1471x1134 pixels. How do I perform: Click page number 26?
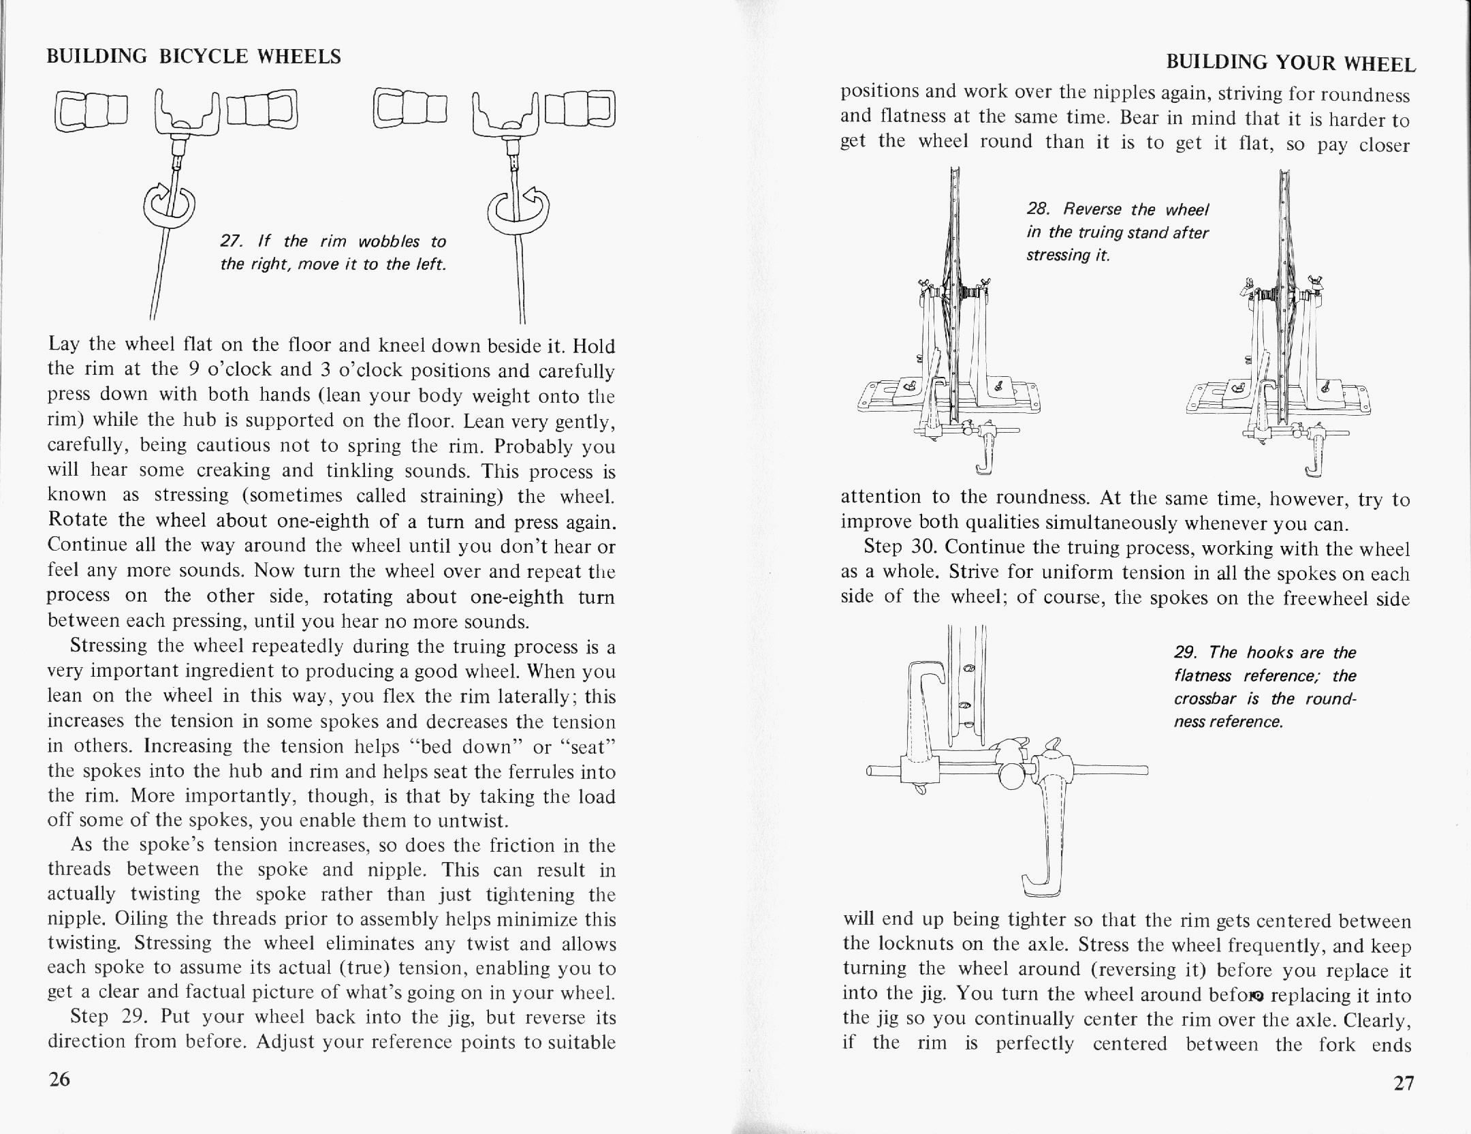click(x=59, y=1079)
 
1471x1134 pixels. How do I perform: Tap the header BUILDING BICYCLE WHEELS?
click(x=193, y=57)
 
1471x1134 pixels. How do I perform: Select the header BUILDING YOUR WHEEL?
click(x=1291, y=64)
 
